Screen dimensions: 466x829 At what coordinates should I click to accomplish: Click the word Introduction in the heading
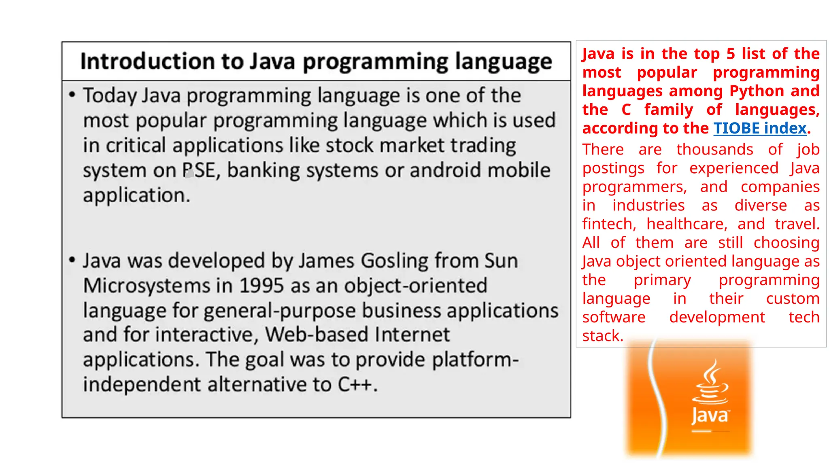coord(147,61)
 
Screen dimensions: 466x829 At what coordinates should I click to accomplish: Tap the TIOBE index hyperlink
coord(760,128)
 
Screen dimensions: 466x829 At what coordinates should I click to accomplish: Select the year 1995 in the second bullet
coord(261,286)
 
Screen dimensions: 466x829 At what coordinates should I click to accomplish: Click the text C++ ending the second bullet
coord(355,384)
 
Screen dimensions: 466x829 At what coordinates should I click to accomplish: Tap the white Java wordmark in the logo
coord(709,415)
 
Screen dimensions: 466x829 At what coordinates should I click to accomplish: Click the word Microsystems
coord(146,286)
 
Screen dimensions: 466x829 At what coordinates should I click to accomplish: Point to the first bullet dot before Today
coord(72,95)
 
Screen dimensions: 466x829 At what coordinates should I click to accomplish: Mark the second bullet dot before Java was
coord(72,260)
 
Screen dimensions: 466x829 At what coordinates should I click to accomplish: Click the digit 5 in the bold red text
coord(731,54)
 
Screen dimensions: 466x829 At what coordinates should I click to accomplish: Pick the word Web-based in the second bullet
coord(316,335)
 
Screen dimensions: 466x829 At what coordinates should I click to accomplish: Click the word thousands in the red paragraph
coord(714,150)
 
